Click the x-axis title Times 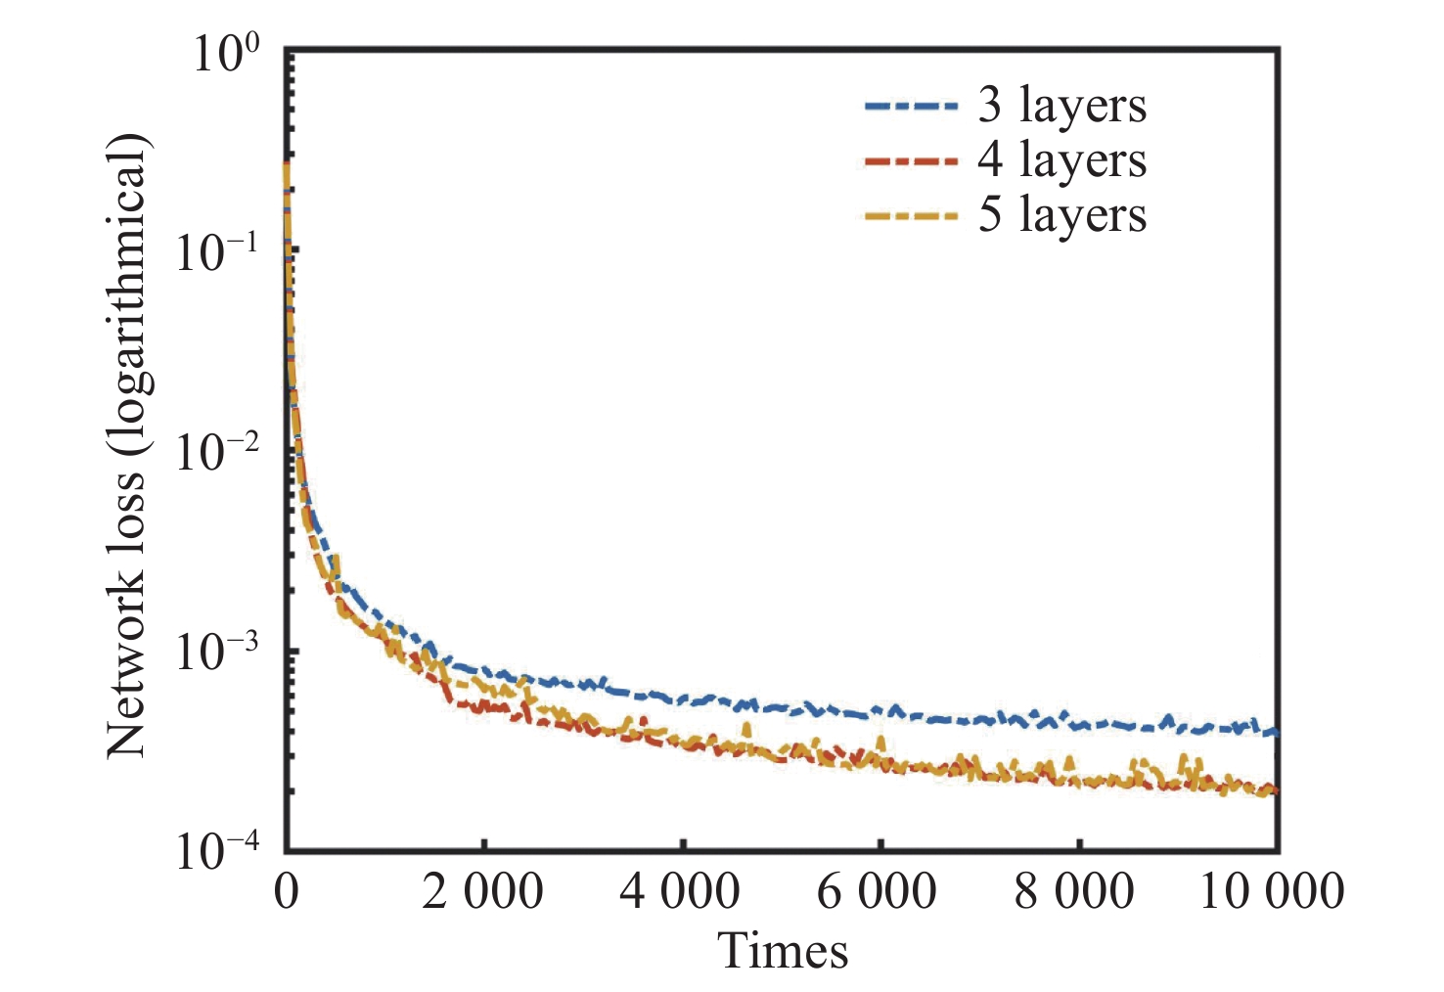[783, 950]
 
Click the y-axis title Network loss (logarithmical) [126, 445]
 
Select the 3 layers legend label [1061, 105]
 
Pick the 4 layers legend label [1061, 159]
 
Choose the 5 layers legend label [1061, 214]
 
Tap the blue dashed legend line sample [911, 105]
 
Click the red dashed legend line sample [911, 159]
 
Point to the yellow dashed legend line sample [911, 215]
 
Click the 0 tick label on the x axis [287, 891]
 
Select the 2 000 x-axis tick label [482, 891]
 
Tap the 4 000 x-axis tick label [680, 891]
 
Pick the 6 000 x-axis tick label [877, 891]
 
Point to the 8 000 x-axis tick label [1073, 891]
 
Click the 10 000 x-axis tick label [1271, 891]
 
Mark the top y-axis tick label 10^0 [226, 55]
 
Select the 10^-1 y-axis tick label [217, 254]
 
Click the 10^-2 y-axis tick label [217, 454]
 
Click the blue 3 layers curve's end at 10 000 [1273, 732]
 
